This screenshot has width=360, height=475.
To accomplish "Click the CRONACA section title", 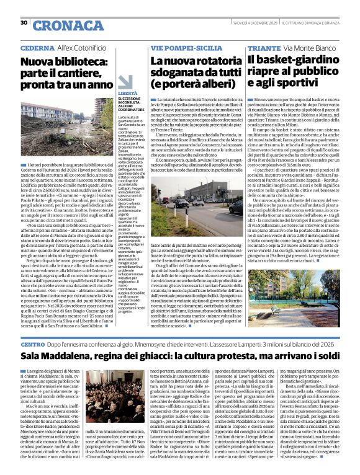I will (x=60, y=25).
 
